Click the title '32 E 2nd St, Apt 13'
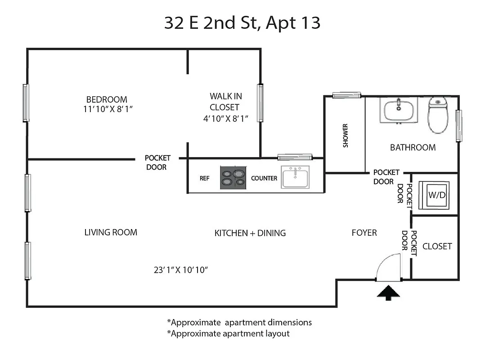click(x=242, y=23)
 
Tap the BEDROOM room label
click(x=107, y=99)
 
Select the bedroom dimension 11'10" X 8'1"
click(x=107, y=109)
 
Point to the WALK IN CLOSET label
click(x=224, y=102)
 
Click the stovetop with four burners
click(x=233, y=177)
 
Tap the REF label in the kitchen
click(x=205, y=178)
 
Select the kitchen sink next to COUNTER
click(x=295, y=177)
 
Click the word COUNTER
click(x=264, y=178)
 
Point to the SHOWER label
click(x=346, y=135)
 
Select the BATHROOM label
click(x=413, y=148)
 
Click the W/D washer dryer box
click(x=434, y=195)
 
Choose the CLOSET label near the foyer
click(x=437, y=247)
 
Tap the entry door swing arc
click(x=388, y=267)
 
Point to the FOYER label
click(x=364, y=233)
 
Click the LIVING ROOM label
click(x=111, y=232)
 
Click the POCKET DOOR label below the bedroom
click(x=157, y=162)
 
